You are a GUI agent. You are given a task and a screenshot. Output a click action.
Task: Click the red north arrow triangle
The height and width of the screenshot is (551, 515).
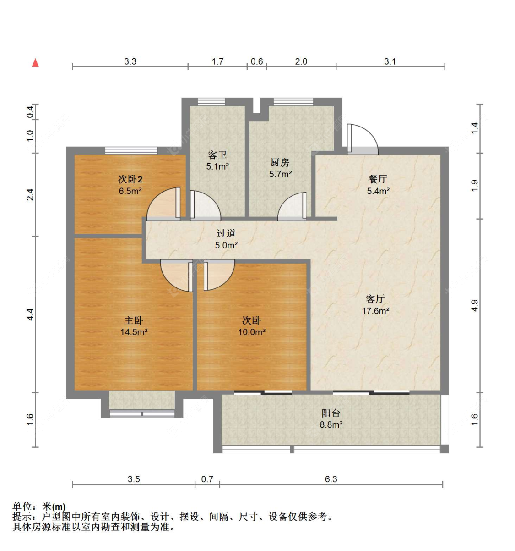pyautogui.click(x=35, y=63)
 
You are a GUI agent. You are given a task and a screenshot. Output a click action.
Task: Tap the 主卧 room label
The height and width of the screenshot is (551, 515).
pyautogui.click(x=133, y=320)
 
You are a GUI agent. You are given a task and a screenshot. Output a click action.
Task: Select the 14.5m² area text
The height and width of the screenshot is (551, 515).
pyautogui.click(x=134, y=332)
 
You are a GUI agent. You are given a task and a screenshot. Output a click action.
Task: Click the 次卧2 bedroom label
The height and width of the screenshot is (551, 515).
pyautogui.click(x=130, y=179)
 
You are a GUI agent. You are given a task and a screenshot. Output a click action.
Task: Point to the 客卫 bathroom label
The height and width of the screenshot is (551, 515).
pyautogui.click(x=217, y=155)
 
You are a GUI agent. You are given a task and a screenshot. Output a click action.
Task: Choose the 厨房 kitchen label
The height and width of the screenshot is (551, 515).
pyautogui.click(x=280, y=163)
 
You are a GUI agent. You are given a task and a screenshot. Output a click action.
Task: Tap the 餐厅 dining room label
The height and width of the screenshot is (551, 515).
pyautogui.click(x=378, y=179)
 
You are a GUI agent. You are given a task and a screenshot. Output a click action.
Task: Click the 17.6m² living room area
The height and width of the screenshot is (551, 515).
pyautogui.click(x=375, y=311)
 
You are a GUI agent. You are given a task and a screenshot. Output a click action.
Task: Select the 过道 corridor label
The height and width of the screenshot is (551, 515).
pyautogui.click(x=226, y=233)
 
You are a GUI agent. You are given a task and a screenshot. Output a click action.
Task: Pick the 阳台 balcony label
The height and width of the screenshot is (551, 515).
pyautogui.click(x=331, y=413)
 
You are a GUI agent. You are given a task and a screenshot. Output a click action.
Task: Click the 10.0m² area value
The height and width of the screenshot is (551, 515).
pyautogui.click(x=252, y=332)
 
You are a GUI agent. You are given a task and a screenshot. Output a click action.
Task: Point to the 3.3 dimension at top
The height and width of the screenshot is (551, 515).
pyautogui.click(x=130, y=61)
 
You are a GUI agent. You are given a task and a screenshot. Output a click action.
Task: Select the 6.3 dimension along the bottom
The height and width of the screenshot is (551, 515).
pyautogui.click(x=331, y=479)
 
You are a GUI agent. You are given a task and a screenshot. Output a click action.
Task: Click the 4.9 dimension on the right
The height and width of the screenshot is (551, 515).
pyautogui.click(x=475, y=305)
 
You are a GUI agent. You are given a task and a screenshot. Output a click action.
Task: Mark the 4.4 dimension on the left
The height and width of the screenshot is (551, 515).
pyautogui.click(x=30, y=314)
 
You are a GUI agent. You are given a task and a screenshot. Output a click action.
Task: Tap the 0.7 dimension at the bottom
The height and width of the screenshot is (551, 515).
pyautogui.click(x=207, y=479)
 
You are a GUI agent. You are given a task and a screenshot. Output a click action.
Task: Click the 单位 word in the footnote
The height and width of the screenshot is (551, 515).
pyautogui.click(x=22, y=507)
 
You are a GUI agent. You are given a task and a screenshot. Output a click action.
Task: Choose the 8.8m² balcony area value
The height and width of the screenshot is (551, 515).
pyautogui.click(x=331, y=424)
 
